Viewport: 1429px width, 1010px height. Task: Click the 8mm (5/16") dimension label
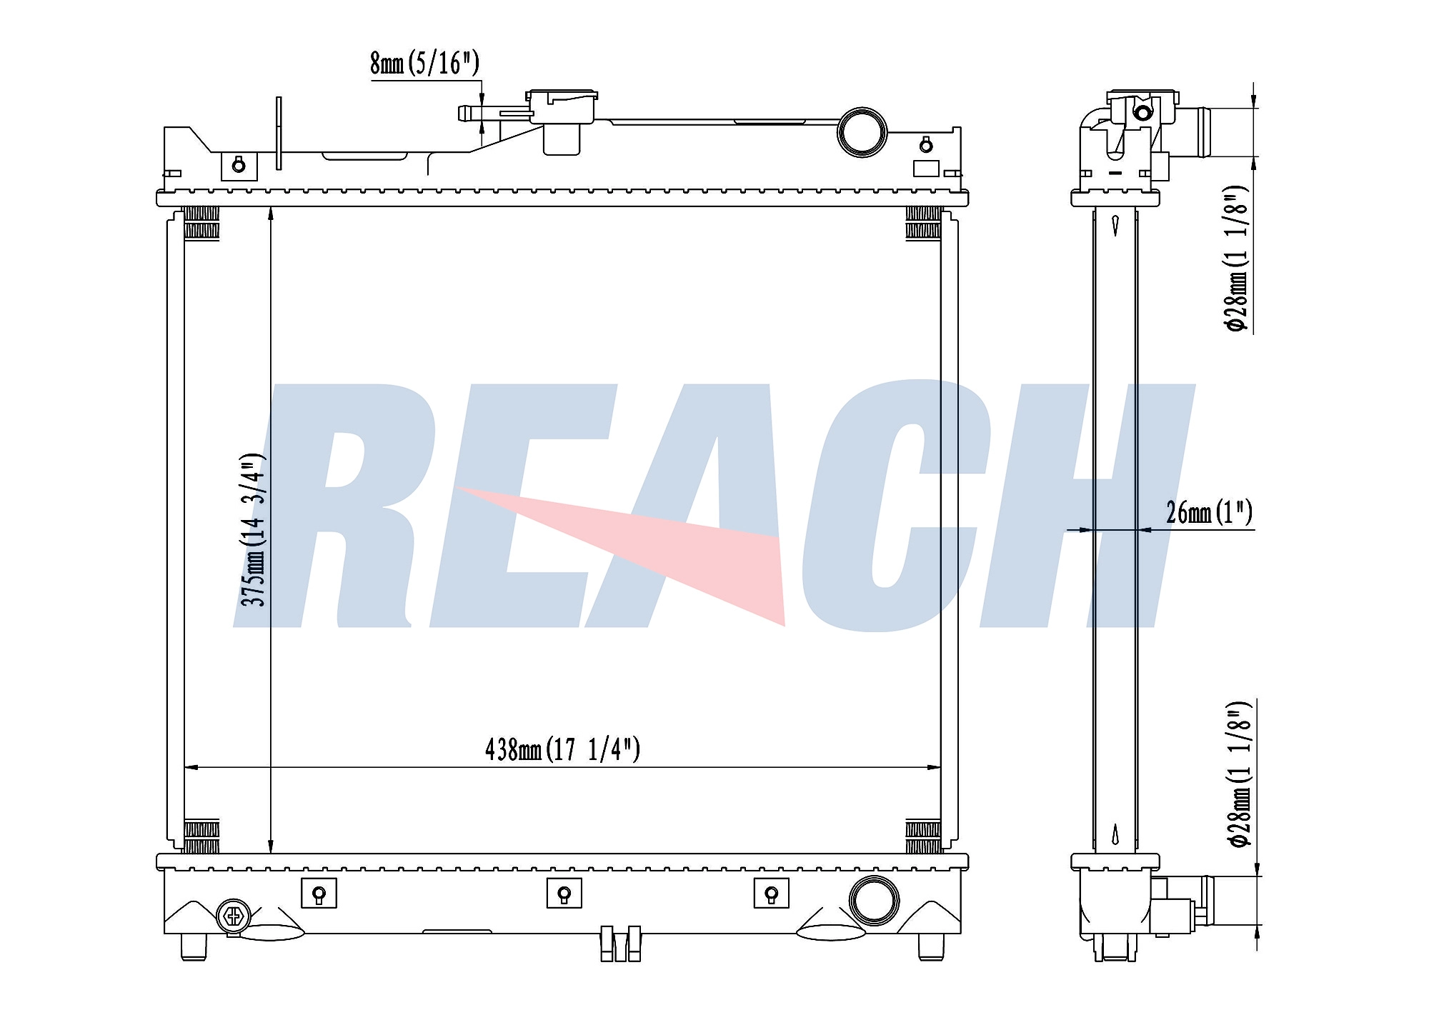(x=424, y=64)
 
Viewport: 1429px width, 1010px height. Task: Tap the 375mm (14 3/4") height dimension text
(x=253, y=529)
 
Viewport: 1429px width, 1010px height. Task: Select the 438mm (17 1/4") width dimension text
(x=562, y=749)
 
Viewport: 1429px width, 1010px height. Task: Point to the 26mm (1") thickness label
(x=1209, y=512)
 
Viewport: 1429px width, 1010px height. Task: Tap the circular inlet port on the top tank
(x=862, y=131)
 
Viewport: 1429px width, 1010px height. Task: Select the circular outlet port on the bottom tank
(x=874, y=899)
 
